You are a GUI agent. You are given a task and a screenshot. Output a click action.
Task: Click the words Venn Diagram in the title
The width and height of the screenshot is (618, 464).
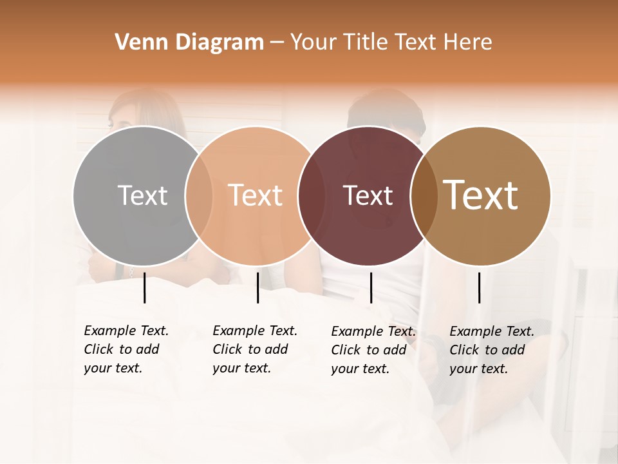(x=189, y=43)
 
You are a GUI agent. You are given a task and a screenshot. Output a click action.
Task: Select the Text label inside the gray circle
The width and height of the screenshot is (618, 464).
(x=142, y=195)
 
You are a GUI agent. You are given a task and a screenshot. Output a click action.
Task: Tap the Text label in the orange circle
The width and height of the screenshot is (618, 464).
(x=256, y=195)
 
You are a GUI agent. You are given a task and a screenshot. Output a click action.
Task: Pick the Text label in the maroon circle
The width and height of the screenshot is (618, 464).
(x=368, y=195)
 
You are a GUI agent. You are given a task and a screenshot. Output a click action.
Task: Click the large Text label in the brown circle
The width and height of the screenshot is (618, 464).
(x=481, y=195)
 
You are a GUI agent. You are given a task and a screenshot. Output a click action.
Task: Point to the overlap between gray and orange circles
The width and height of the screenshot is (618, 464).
(x=199, y=196)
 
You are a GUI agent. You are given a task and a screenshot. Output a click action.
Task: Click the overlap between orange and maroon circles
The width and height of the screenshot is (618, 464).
(x=312, y=196)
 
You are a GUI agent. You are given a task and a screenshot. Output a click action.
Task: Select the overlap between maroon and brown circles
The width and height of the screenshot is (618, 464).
(x=424, y=196)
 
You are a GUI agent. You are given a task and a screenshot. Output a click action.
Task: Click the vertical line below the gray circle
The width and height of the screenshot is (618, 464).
(x=144, y=287)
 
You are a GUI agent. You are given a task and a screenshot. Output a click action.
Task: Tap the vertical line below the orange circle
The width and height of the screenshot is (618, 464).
(x=257, y=287)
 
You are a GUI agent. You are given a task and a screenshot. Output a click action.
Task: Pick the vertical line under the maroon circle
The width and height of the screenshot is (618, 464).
(x=371, y=287)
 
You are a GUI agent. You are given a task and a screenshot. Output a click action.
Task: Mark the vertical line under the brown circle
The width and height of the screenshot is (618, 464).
(x=479, y=287)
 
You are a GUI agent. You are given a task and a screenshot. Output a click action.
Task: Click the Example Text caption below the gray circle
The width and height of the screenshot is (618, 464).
(x=126, y=349)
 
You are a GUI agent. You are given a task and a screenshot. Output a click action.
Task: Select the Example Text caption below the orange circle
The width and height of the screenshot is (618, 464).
(x=255, y=349)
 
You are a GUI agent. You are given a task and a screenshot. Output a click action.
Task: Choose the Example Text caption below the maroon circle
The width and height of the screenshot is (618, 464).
(x=373, y=350)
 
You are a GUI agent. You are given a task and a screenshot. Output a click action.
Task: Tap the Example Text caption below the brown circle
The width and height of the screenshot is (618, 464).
(x=492, y=350)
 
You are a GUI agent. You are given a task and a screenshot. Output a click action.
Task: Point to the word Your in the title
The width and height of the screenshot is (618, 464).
(x=314, y=43)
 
